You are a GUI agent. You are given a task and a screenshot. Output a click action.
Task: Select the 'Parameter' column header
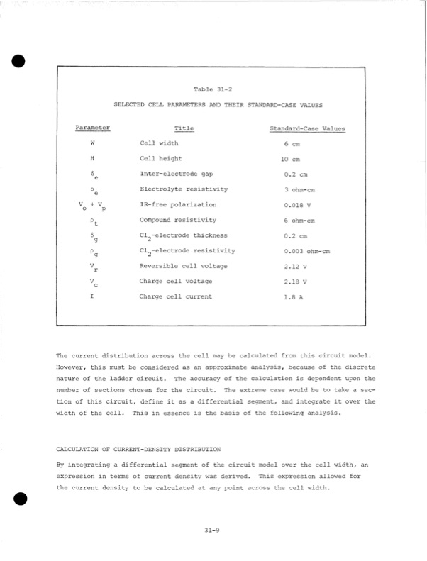(x=92, y=128)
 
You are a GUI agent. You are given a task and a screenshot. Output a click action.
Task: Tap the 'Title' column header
(x=184, y=128)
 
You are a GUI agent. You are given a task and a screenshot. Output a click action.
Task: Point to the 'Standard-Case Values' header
(x=307, y=129)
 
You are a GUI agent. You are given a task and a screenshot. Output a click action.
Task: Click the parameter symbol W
(x=92, y=144)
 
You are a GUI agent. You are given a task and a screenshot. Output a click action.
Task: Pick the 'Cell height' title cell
(x=161, y=159)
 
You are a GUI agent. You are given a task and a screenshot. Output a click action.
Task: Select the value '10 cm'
(x=290, y=160)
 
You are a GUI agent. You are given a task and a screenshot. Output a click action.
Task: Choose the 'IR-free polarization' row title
(x=178, y=205)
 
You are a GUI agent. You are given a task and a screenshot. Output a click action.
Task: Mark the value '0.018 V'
(x=296, y=206)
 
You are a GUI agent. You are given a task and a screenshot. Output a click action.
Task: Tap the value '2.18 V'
(x=294, y=282)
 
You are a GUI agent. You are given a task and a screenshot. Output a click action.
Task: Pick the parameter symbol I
(x=92, y=296)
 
